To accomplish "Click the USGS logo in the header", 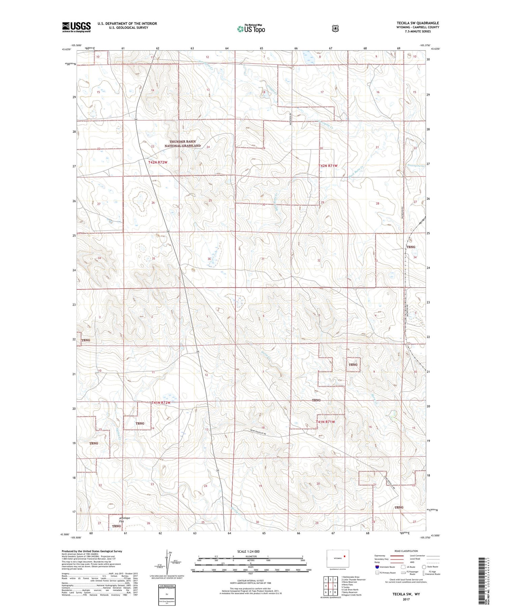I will pyautogui.click(x=77, y=27).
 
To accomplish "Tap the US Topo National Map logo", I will pyautogui.click(x=251, y=29).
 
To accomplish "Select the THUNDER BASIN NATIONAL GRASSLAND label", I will pyautogui.click(x=182, y=144).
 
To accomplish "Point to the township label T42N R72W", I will pyautogui.click(x=158, y=162).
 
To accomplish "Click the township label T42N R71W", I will pyautogui.click(x=328, y=166).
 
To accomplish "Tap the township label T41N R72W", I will pyautogui.click(x=161, y=403).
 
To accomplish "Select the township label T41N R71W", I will pyautogui.click(x=326, y=422).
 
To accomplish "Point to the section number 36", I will pyautogui.click(x=209, y=259).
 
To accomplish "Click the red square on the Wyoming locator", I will pyautogui.click(x=344, y=556).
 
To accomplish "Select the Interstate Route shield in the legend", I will pyautogui.click(x=377, y=567).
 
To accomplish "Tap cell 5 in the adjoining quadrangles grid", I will pyautogui.click(x=335, y=586).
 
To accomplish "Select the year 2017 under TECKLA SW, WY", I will pyautogui.click(x=406, y=600).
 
